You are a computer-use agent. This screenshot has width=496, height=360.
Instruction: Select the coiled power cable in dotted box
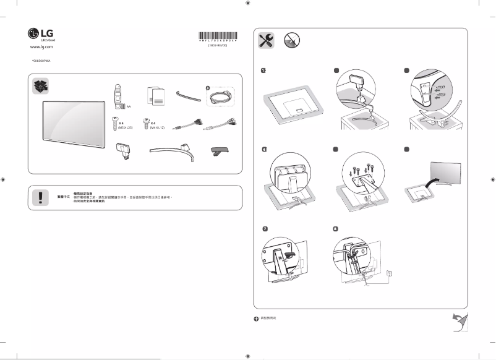(x=220, y=97)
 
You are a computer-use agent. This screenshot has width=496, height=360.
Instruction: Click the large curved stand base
(x=171, y=152)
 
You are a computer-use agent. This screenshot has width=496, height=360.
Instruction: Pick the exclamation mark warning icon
(x=41, y=196)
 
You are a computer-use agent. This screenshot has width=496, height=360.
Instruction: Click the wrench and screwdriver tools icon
(x=267, y=41)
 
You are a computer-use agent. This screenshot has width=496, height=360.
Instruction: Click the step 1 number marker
(x=264, y=72)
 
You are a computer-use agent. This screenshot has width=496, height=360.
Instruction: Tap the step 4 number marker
(x=264, y=150)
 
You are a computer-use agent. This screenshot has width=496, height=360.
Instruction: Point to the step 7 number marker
(x=264, y=229)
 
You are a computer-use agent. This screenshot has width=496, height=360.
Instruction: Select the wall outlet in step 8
(x=388, y=273)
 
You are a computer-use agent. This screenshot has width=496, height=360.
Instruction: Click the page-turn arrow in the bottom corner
(x=458, y=322)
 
